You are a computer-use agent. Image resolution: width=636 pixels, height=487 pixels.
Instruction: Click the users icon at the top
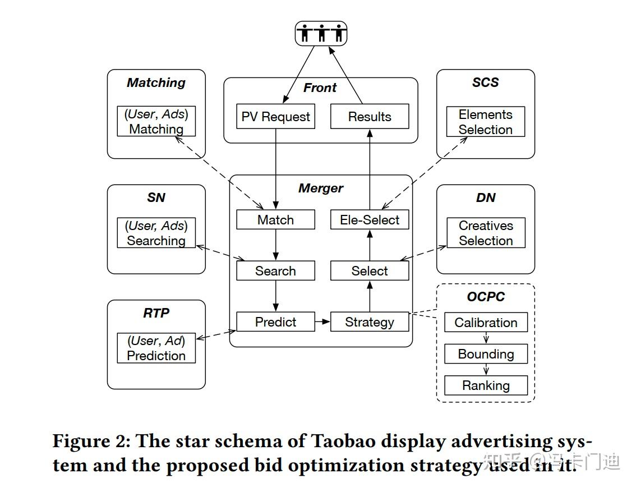[321, 34]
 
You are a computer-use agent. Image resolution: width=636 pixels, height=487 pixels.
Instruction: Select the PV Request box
[275, 117]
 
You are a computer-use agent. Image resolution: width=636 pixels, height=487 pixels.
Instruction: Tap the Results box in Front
[370, 117]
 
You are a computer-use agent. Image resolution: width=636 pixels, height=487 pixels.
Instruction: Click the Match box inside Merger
[275, 219]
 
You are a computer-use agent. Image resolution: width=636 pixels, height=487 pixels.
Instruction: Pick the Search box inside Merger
[275, 271]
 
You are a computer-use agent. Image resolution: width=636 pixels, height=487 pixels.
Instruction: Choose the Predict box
[275, 322]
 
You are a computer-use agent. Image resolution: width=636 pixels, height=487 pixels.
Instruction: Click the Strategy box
[370, 322]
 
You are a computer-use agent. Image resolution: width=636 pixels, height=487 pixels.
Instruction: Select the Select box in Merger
[370, 271]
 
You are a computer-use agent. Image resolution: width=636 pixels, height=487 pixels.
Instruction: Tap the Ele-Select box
[370, 219]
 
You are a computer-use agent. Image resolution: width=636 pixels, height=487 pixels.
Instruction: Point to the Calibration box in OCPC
[486, 323]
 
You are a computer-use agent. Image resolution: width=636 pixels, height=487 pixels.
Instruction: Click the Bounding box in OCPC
[486, 354]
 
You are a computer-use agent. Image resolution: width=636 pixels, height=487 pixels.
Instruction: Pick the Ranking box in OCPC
[486, 385]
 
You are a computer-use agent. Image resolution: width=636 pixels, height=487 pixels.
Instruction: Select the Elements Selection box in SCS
[486, 122]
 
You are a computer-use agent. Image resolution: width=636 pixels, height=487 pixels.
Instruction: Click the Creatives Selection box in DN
[486, 233]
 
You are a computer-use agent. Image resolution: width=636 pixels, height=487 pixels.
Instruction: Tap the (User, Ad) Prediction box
[156, 348]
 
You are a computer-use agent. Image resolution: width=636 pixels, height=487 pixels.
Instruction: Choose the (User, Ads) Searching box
[156, 233]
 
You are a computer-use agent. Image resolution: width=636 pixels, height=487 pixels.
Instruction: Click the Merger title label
[321, 189]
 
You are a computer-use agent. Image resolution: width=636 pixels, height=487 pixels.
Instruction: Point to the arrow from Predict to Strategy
[322, 322]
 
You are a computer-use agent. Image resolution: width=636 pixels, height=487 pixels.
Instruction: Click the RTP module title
[156, 313]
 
